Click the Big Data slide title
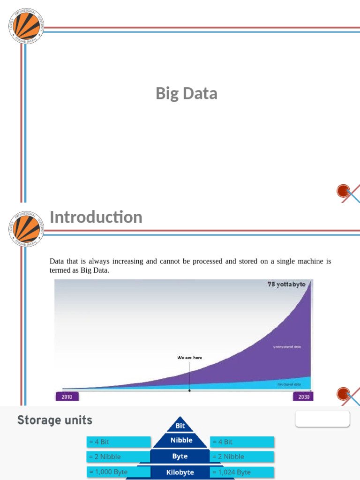tap(187, 94)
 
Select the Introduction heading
tap(96, 217)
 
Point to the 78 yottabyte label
tap(286, 285)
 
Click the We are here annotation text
tap(189, 358)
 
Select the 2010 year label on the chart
tap(67, 397)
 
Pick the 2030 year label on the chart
tap(303, 397)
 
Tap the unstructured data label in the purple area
tap(287, 347)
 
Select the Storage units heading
tap(55, 420)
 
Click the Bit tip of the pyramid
tap(180, 426)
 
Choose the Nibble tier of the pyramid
tap(181, 441)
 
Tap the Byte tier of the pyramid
tap(180, 456)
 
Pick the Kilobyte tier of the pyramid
tap(180, 472)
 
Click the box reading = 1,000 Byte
tap(119, 472)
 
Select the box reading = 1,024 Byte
tap(242, 472)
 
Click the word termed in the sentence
tap(60, 270)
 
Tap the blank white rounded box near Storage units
tap(322, 419)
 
